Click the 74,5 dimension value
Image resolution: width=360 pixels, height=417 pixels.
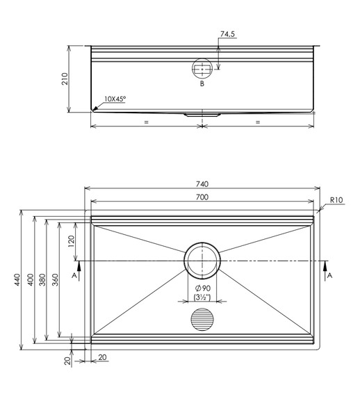coord(227,34)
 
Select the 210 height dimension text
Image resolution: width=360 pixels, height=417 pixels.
coord(65,79)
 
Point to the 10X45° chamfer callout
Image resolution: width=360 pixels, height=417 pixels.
coord(115,99)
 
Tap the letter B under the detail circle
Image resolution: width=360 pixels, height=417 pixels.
coord(202,84)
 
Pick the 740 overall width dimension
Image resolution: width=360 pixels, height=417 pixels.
coord(202,184)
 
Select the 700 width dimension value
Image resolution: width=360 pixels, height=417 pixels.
coord(202,197)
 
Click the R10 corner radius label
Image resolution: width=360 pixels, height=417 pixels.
coord(336,199)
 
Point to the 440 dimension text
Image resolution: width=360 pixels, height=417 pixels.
coord(17,279)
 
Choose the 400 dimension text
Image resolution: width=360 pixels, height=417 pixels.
coord(31,279)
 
